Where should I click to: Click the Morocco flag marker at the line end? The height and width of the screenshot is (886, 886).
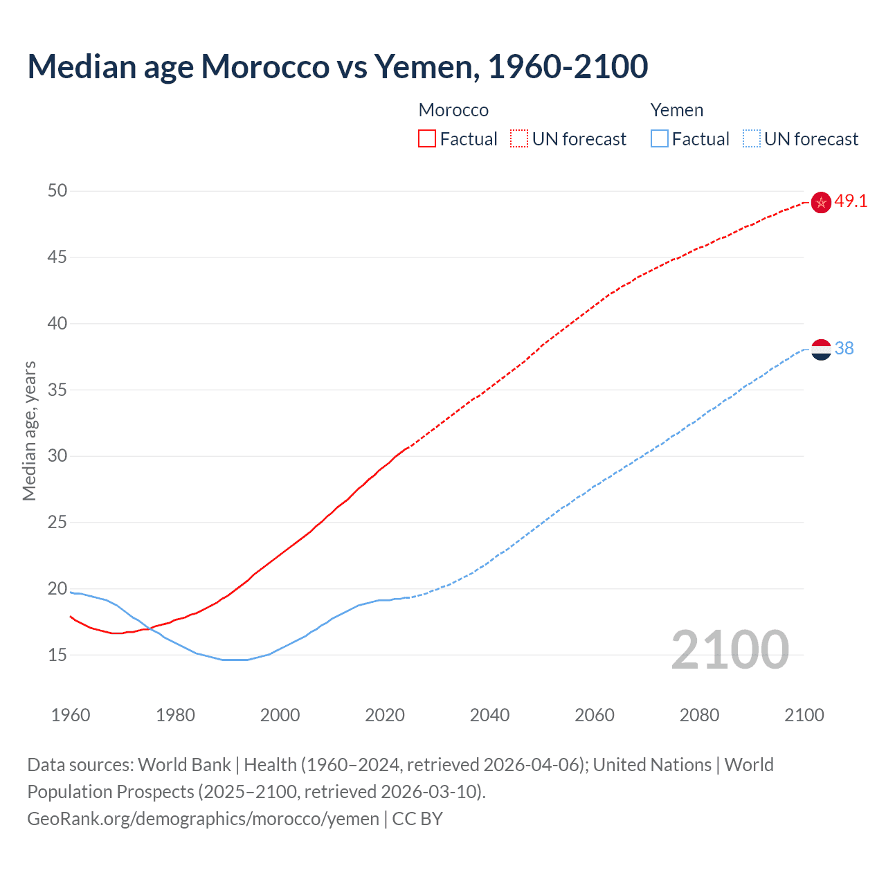coord(821,202)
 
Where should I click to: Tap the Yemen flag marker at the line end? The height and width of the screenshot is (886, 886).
coord(821,350)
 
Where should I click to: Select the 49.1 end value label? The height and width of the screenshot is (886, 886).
coord(851,201)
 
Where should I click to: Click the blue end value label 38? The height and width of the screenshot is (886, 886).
coord(844,349)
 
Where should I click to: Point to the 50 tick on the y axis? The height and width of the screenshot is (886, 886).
coord(57,190)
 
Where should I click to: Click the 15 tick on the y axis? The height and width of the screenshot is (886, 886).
coord(57,655)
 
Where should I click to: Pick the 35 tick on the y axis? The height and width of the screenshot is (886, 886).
coord(57,390)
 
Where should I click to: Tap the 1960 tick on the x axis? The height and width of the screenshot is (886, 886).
coord(71,715)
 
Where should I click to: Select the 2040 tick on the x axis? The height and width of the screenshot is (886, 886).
coord(489,715)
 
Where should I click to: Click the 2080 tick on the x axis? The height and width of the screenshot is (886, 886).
coord(699,715)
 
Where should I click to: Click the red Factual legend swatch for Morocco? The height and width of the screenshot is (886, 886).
coord(427,138)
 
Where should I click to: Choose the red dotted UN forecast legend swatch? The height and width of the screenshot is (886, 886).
coord(519,138)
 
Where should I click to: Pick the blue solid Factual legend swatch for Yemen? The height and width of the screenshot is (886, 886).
coord(660,138)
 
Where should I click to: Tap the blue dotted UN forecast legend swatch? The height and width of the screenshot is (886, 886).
coord(752,138)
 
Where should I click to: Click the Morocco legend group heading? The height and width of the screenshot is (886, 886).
coord(453,110)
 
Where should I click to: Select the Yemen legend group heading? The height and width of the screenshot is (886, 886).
coord(677,110)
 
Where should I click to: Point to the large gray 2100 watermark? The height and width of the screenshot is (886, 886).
coord(730,649)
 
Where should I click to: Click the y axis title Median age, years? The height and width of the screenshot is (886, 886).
coord(29,431)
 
